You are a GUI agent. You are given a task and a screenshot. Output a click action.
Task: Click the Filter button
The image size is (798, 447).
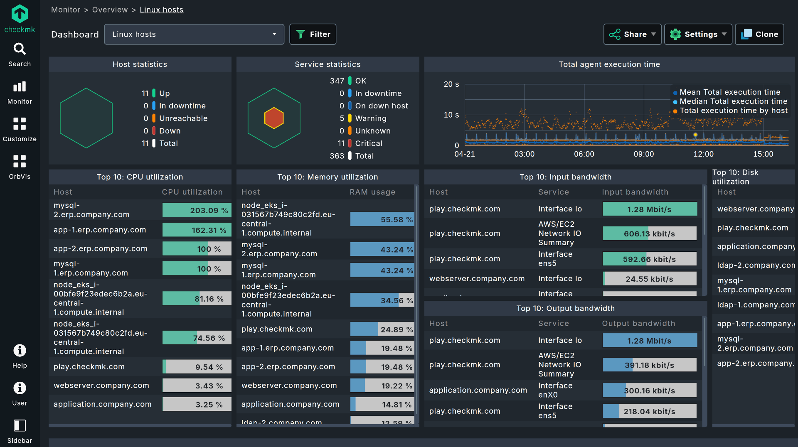tap(313, 34)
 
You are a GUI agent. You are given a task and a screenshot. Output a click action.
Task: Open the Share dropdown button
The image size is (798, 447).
tap(632, 34)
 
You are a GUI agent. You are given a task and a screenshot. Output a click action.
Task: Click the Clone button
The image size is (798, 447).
tap(759, 34)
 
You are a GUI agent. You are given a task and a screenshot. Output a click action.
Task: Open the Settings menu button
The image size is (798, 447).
tap(698, 34)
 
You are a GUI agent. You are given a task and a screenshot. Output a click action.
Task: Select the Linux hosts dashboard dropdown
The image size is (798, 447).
tap(194, 34)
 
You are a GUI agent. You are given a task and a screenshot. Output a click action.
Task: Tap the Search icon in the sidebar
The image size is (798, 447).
tap(20, 54)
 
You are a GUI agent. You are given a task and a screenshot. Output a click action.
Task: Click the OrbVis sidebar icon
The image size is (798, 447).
tap(20, 167)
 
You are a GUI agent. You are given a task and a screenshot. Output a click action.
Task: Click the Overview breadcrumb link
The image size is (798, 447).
tap(110, 10)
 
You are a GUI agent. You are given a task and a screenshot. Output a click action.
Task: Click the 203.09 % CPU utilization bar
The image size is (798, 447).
tap(197, 210)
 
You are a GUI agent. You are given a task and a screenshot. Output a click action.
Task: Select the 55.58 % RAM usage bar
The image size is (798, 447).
tap(382, 219)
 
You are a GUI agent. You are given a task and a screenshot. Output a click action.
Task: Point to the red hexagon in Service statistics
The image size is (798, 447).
tap(274, 118)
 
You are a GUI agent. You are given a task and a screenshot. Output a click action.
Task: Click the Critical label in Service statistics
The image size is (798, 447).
tap(368, 143)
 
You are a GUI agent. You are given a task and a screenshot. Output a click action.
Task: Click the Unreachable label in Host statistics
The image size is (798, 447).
tap(183, 118)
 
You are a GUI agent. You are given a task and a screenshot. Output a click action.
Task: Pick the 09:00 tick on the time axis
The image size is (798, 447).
tap(643, 154)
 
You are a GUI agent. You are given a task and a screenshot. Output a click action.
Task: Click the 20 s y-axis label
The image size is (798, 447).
tap(451, 84)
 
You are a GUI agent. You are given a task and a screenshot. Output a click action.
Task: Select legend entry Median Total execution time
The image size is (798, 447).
tap(733, 101)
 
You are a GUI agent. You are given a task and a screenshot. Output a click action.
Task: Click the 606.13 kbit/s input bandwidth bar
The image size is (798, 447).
tap(649, 233)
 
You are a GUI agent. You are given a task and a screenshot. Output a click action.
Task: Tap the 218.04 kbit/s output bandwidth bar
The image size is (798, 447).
tap(649, 411)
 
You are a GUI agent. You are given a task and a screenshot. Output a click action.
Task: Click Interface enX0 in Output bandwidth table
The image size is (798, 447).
tap(555, 390)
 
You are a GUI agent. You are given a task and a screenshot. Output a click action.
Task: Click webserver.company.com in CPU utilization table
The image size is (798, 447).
tap(101, 386)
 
